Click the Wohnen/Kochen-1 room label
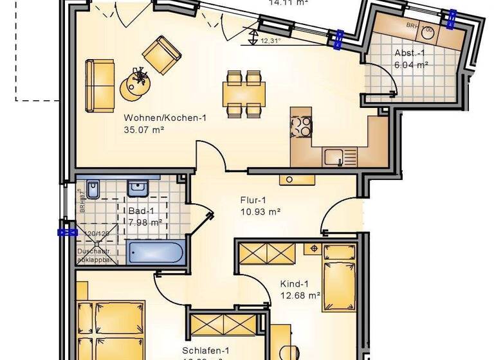pyautogui.click(x=165, y=118)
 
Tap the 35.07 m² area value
pyautogui.click(x=145, y=129)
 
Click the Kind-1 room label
pyautogui.click(x=295, y=284)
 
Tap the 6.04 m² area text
pyautogui.click(x=411, y=64)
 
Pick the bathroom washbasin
pyautogui.click(x=138, y=188)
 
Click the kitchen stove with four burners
pyautogui.click(x=301, y=125)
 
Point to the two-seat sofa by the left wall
pyautogui.click(x=100, y=84)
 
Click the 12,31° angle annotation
pyautogui.click(x=271, y=41)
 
